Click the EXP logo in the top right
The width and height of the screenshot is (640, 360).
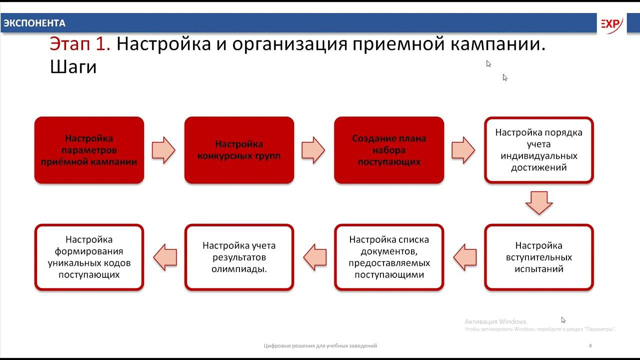(x=610, y=24)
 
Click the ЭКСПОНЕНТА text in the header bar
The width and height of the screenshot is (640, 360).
(x=34, y=23)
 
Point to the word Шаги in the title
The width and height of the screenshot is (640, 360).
(x=73, y=67)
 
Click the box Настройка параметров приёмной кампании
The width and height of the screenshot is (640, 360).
(x=89, y=150)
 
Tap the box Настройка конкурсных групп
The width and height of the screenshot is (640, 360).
(x=239, y=150)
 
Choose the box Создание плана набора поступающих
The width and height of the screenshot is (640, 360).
(x=389, y=150)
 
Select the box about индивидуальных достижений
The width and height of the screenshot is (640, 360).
(x=539, y=150)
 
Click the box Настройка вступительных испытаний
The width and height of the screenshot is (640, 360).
(x=539, y=257)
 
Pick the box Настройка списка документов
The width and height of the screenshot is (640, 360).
(x=389, y=257)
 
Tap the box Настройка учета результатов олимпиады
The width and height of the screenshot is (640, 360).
(x=239, y=257)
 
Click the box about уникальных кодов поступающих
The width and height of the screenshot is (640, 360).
(x=89, y=257)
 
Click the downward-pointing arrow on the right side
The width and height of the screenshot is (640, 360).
(x=539, y=202)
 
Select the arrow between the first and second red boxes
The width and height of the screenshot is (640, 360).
(x=163, y=150)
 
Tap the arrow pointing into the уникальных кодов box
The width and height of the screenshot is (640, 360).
(x=164, y=257)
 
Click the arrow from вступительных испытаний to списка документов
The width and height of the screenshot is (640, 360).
(x=465, y=257)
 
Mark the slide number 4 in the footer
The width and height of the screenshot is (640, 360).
(x=590, y=345)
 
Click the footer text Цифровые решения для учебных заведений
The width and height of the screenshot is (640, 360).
(x=320, y=345)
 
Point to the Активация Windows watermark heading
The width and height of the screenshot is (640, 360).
(x=495, y=321)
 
